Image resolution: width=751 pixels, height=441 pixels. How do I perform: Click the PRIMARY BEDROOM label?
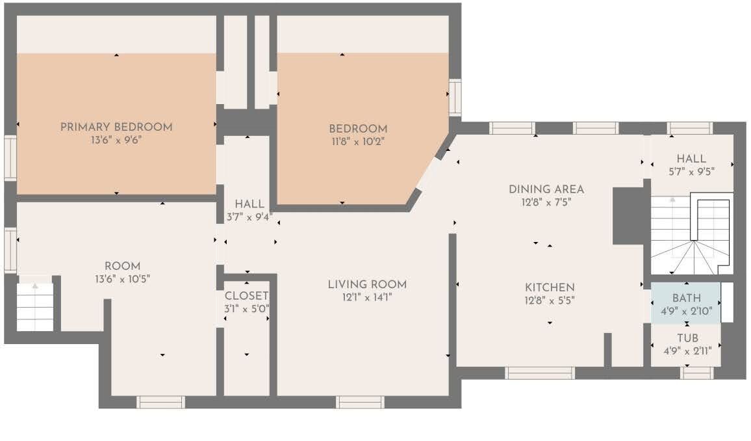[116, 127]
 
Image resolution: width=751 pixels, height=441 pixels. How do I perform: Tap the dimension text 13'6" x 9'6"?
[116, 140]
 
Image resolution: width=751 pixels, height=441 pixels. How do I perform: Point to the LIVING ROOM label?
[367, 284]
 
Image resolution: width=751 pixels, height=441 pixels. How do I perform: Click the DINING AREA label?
[546, 189]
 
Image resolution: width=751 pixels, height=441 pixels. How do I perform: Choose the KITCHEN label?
[550, 287]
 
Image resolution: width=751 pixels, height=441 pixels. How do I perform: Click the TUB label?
[688, 338]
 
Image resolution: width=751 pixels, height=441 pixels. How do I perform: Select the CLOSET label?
[246, 296]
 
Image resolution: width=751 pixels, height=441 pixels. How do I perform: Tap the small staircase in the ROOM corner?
[35, 307]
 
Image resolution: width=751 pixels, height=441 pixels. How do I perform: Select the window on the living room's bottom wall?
[360, 402]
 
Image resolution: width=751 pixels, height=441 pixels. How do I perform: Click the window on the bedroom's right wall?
[455, 98]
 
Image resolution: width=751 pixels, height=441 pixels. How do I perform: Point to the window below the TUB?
[697, 373]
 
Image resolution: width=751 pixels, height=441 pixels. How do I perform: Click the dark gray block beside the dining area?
[628, 216]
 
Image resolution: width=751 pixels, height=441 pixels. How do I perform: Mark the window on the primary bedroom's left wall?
[10, 158]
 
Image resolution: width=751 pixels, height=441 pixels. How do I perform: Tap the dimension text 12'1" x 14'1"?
[367, 298]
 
